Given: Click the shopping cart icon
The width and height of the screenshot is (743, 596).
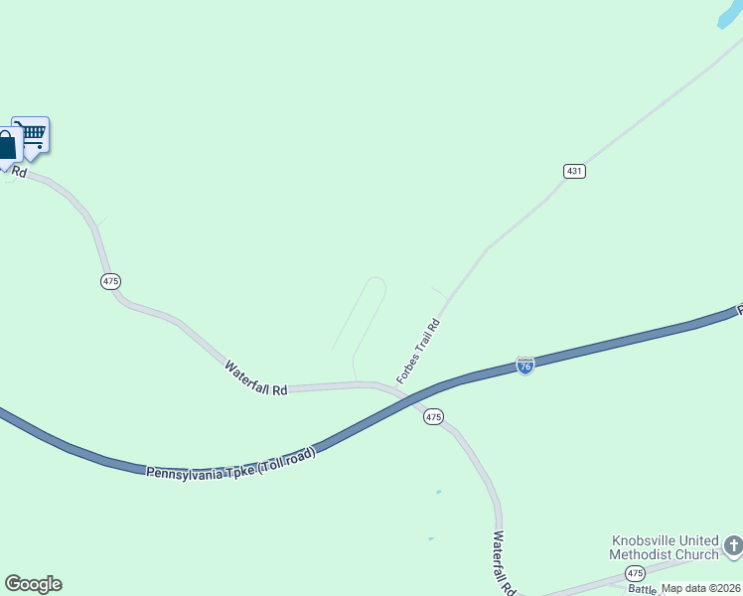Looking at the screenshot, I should [31, 134].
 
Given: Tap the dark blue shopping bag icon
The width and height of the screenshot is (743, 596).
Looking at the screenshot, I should [7, 146].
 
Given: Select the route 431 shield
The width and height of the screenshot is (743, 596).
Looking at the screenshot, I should [574, 171].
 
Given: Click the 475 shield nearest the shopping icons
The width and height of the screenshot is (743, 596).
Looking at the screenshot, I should [110, 282].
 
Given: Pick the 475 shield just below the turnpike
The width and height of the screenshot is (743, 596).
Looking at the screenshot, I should [433, 417].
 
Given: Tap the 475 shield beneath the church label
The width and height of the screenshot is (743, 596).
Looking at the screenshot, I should [635, 573].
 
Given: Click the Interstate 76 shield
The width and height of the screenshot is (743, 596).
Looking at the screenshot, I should [525, 366].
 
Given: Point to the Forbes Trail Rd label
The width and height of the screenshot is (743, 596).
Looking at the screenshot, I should [417, 352].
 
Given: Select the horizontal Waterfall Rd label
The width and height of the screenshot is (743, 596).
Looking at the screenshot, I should [255, 378].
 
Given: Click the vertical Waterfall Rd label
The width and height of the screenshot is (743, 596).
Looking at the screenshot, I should [504, 562].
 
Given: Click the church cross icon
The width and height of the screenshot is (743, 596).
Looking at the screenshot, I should [733, 545].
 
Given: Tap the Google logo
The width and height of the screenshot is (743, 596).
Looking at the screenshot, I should [33, 584].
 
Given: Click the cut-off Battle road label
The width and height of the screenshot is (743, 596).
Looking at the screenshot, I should [643, 589].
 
